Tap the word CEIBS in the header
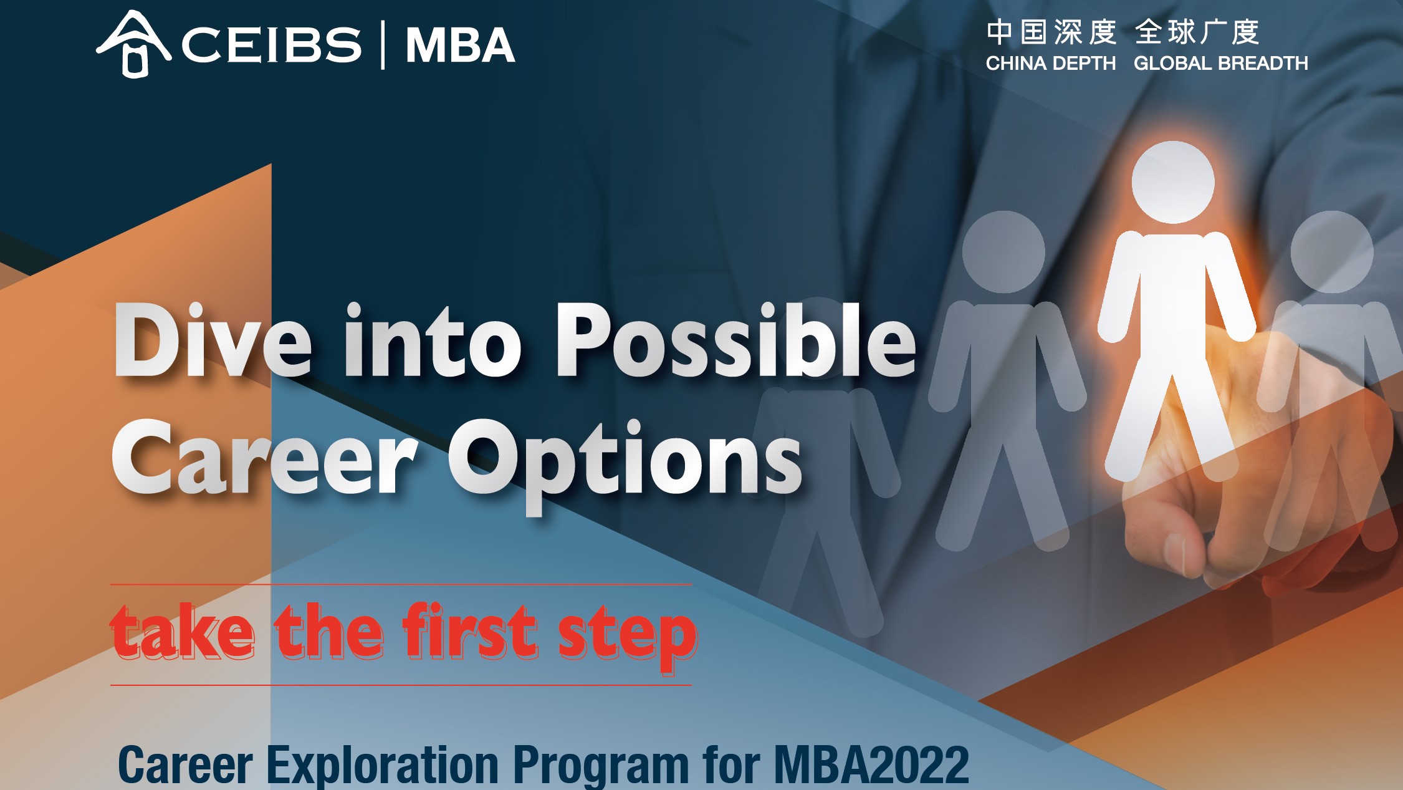[271, 45]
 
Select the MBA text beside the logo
[460, 45]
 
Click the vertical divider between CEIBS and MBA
[383, 44]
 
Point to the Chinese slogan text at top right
[1123, 32]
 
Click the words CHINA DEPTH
[1051, 63]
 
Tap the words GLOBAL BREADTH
[1221, 63]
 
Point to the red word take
[182, 631]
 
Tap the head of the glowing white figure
[1173, 182]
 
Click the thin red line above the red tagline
[401, 585]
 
